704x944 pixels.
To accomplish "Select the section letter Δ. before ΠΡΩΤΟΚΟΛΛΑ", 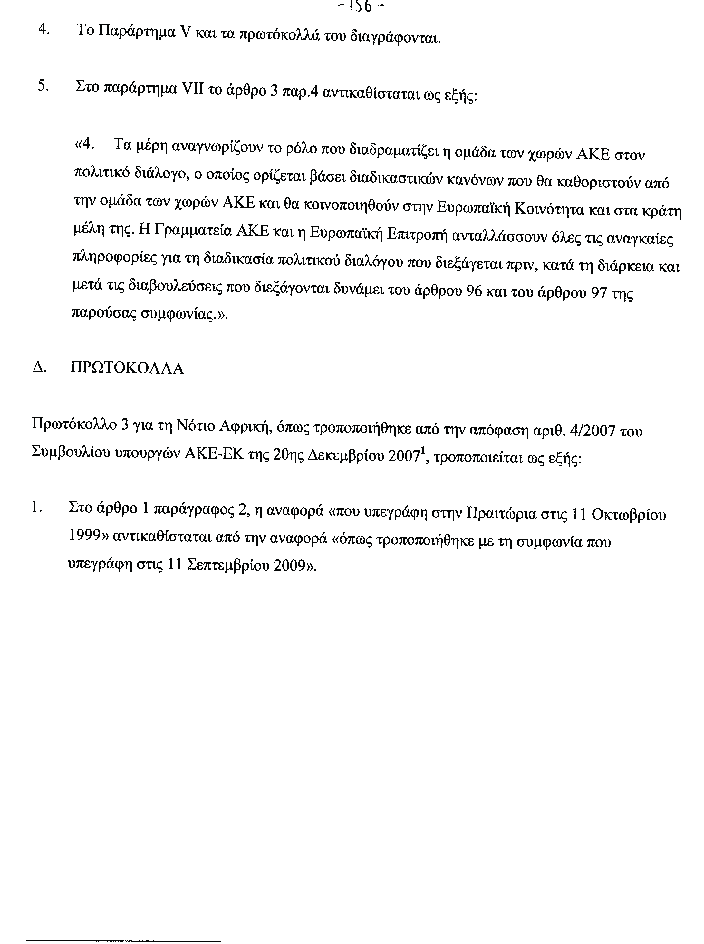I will pyautogui.click(x=39, y=367).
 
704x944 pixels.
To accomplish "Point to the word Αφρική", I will pyautogui.click(x=246, y=426).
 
